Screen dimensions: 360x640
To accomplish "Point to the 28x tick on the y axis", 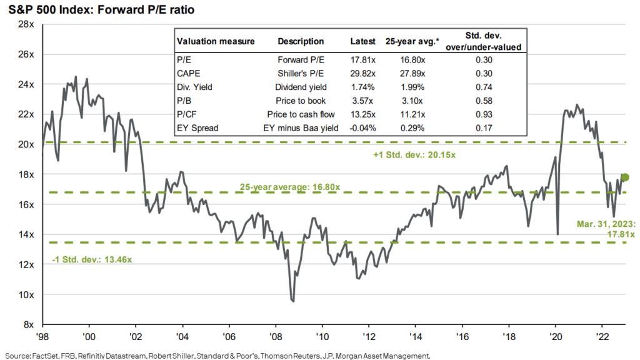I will click(24, 24).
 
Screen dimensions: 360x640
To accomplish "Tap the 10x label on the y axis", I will click(24, 294).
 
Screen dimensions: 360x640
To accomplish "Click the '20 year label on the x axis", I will click(556, 334).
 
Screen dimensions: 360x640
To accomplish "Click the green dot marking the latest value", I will click(625, 177).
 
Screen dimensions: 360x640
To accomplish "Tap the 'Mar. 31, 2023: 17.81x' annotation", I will click(606, 228).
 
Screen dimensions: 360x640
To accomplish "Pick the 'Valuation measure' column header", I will click(216, 42).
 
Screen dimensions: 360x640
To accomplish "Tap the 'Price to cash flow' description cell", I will click(300, 114).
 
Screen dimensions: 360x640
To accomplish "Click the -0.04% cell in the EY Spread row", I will click(363, 127).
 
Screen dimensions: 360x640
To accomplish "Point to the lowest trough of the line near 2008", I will click(293, 301).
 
